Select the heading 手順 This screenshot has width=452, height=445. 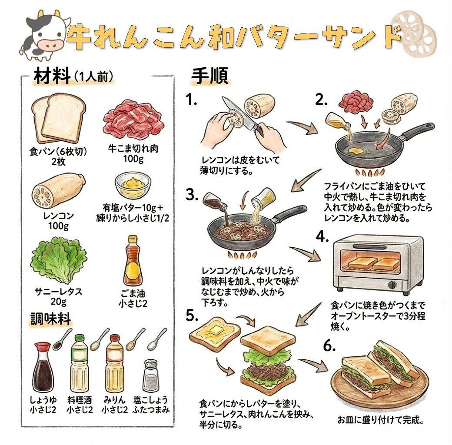pos(209,76)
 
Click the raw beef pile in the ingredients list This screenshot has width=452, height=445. pos(133,120)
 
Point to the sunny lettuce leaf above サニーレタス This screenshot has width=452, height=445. pos(59,259)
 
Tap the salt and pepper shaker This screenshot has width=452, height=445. pos(151,375)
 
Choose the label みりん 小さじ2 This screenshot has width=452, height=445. pos(114,405)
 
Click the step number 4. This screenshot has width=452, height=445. pos(322,237)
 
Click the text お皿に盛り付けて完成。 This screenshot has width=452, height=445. pos(380,420)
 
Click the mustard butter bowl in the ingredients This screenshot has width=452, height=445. pos(133,185)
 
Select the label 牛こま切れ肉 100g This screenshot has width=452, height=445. pos(133,153)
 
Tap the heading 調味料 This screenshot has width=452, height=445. pos(51,319)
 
